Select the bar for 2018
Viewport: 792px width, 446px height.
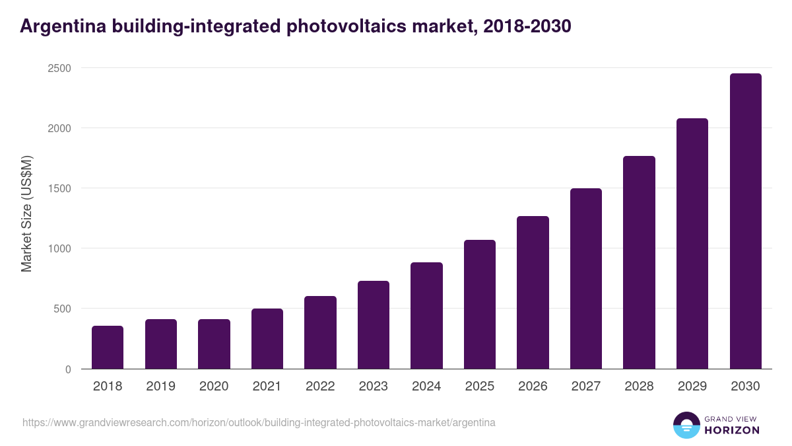(x=108, y=347)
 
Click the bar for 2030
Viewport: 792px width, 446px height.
(x=745, y=221)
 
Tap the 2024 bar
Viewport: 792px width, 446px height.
(x=426, y=315)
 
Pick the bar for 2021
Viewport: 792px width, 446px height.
(x=267, y=338)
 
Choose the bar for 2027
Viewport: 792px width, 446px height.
(x=586, y=278)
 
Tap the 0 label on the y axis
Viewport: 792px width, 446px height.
(x=68, y=369)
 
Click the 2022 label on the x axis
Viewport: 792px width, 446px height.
(x=320, y=387)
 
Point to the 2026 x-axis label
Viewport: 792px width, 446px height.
(x=533, y=387)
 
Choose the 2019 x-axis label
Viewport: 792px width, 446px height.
(x=160, y=387)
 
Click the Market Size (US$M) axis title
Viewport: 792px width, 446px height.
(x=26, y=213)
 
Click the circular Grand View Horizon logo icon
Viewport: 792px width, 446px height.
(x=686, y=425)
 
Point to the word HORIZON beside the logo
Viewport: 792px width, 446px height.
(x=732, y=430)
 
